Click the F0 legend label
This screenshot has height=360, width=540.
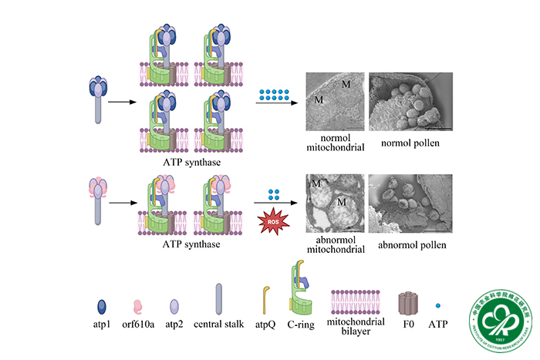(x=410, y=324)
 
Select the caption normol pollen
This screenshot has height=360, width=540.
(x=407, y=143)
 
